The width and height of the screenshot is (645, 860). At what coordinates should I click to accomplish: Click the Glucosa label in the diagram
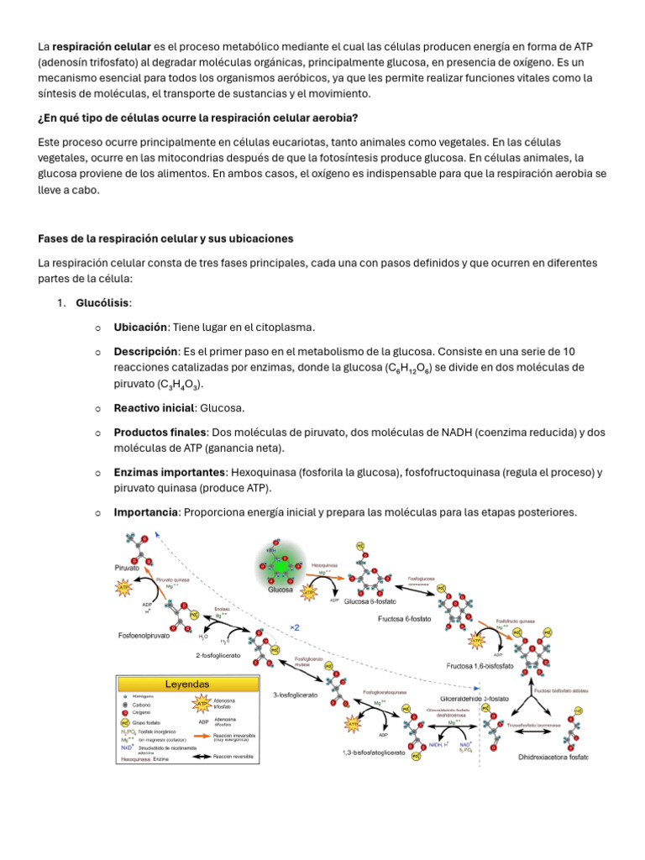coord(280,590)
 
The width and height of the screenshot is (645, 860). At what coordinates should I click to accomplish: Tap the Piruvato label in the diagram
coord(127,568)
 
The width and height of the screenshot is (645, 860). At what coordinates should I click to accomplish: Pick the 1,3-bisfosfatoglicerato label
coord(374,752)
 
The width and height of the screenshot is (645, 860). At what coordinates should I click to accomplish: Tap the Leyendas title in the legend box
coord(186,684)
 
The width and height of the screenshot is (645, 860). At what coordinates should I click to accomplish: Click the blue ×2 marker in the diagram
coord(295,627)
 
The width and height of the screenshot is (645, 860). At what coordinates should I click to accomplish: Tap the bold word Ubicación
coord(141,327)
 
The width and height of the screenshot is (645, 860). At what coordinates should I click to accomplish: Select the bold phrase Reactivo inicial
coord(155,408)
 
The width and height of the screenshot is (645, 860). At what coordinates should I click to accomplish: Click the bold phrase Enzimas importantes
coord(170,473)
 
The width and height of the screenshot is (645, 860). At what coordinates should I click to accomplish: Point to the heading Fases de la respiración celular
coord(165,239)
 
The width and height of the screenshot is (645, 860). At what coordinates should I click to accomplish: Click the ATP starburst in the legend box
coord(202,702)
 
